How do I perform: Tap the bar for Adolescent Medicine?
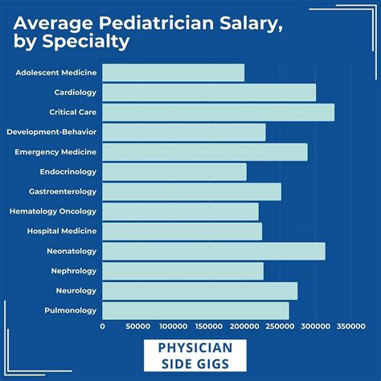pyautogui.click(x=173, y=72)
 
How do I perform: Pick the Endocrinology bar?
pyautogui.click(x=174, y=172)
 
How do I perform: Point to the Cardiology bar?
pyautogui.click(x=209, y=92)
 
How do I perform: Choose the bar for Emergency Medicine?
pyautogui.click(x=205, y=152)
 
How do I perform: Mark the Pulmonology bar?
pyautogui.click(x=195, y=310)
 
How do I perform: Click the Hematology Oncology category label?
pyautogui.click(x=53, y=211)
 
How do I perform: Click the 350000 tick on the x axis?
pyautogui.click(x=350, y=327)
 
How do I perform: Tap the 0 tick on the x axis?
pyautogui.click(x=103, y=327)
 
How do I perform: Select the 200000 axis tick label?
pyautogui.click(x=244, y=327)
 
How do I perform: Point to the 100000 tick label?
pyautogui.click(x=174, y=327)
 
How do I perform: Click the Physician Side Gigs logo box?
pyautogui.click(x=190, y=356)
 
